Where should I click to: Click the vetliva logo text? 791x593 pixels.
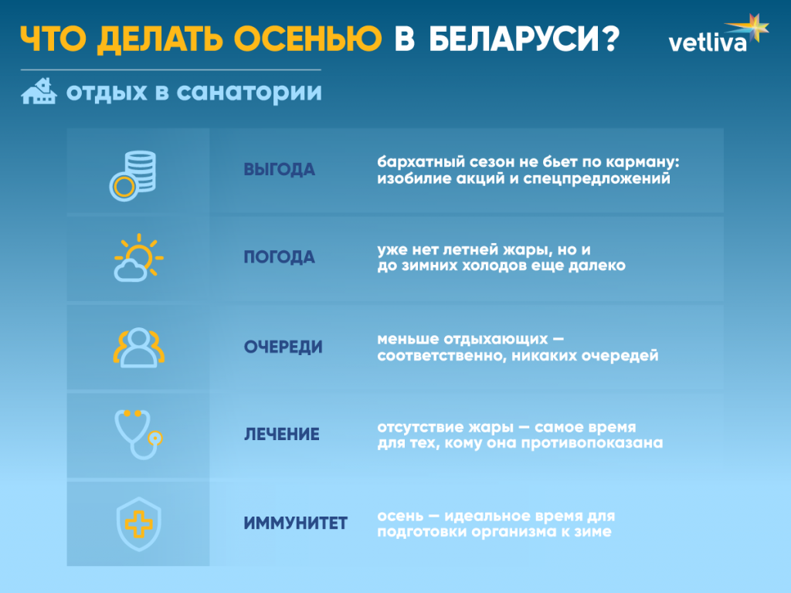point(707,42)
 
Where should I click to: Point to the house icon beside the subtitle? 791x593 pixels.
point(39,92)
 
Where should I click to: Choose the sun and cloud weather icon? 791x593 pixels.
point(137,257)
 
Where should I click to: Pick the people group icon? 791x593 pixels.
point(139,347)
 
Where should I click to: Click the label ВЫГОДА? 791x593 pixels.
point(279,170)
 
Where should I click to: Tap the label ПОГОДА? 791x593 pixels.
point(279,258)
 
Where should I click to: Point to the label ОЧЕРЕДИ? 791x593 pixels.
point(283,347)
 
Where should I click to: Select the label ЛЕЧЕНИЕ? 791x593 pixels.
point(281,435)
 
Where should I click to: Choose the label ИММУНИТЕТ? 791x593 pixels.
point(295,524)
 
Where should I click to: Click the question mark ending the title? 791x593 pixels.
point(607,39)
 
